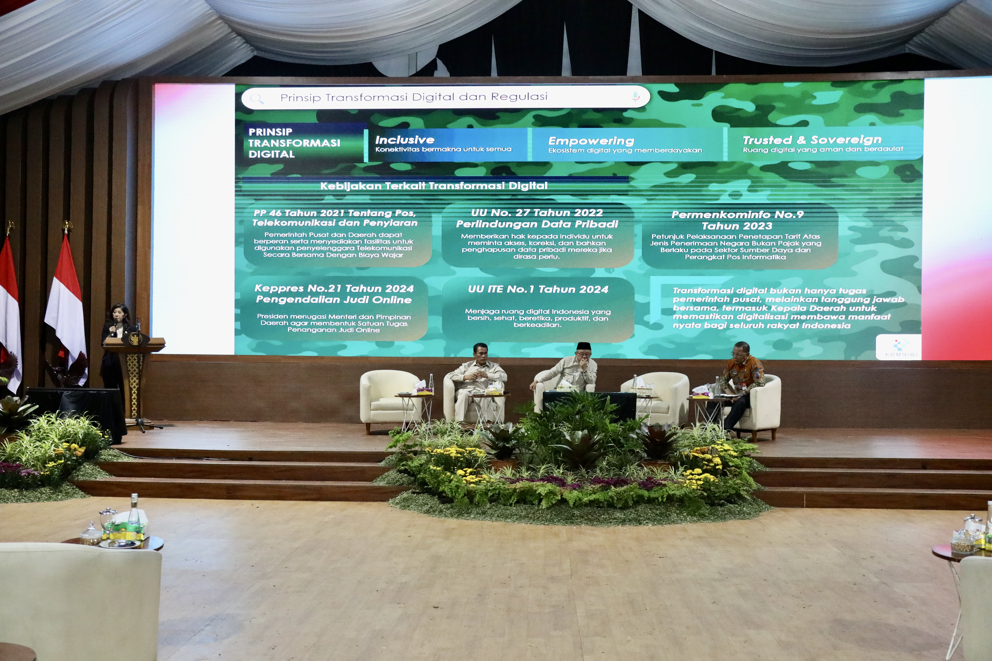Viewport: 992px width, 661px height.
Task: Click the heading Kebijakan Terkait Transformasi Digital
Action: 434,186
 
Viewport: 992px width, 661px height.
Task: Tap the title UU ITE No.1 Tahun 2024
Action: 538,289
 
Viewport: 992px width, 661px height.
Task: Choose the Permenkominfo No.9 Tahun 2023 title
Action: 737,220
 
